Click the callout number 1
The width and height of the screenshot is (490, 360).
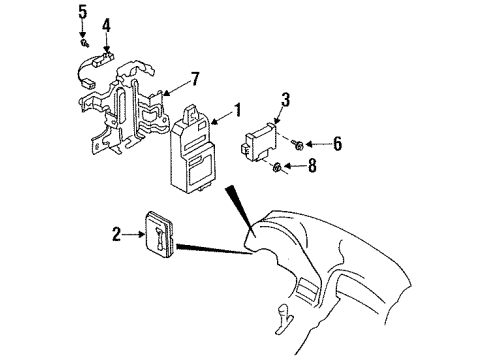(237, 110)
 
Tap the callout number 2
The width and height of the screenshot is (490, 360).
(116, 234)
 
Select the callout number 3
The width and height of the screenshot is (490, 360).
(285, 100)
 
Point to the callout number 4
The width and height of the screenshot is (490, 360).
(106, 25)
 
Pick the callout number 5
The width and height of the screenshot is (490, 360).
(82, 12)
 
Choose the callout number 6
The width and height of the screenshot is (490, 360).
(337, 144)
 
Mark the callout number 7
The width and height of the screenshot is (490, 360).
(195, 79)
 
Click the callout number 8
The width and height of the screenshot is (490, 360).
(312, 166)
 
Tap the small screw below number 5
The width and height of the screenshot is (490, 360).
(84, 43)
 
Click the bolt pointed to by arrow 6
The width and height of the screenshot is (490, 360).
(297, 144)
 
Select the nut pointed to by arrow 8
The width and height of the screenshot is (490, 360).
(277, 166)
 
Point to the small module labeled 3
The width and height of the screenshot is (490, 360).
(259, 142)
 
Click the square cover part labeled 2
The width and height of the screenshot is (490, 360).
(159, 234)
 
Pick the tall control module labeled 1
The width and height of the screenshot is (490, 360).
(193, 149)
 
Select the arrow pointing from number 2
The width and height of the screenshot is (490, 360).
(133, 234)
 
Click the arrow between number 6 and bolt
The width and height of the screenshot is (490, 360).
(318, 144)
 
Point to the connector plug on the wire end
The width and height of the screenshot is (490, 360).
(87, 83)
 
